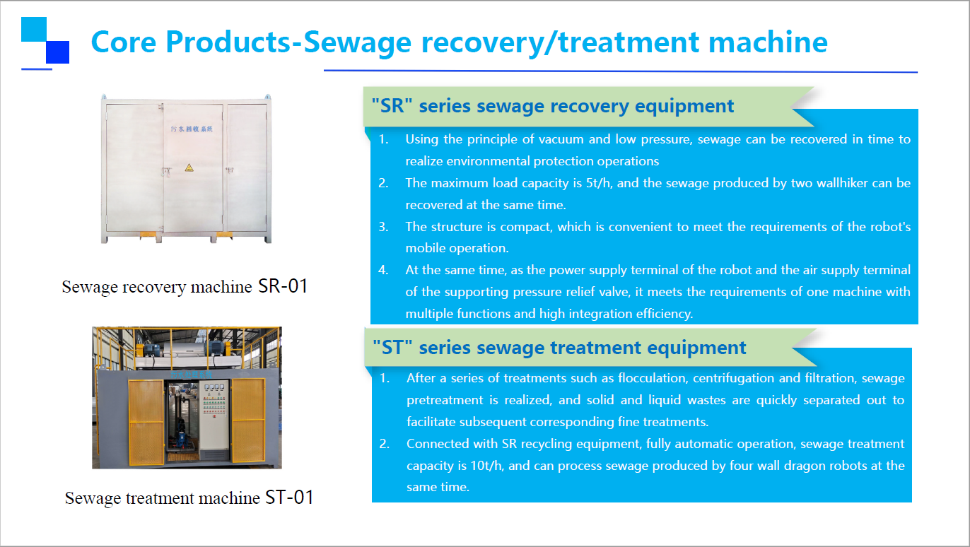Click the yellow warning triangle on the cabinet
click(x=189, y=167)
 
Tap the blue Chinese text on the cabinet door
click(x=192, y=129)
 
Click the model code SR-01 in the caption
click(x=283, y=286)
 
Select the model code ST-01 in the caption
click(x=289, y=498)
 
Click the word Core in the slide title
click(x=124, y=42)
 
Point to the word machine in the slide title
click(x=768, y=42)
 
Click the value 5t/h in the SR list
click(x=598, y=183)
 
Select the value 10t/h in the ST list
click(x=486, y=466)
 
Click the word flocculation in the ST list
click(x=652, y=378)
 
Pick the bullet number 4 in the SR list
click(x=383, y=270)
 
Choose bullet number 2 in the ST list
click(x=384, y=444)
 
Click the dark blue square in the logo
click(x=57, y=52)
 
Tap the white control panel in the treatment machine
click(x=214, y=416)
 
